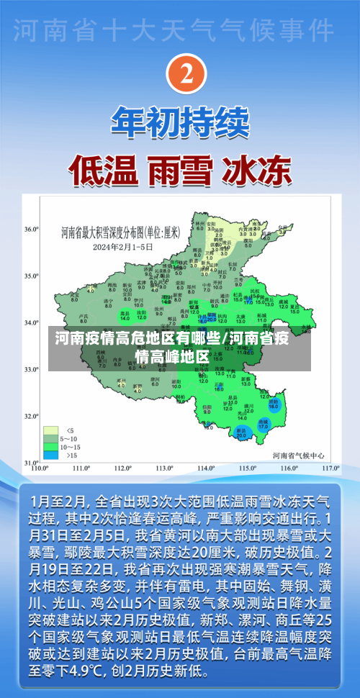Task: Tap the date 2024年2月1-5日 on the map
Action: coord(124,246)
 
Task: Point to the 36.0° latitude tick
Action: coord(31,229)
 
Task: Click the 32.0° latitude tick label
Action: coord(31,416)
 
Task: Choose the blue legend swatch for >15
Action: coord(50,454)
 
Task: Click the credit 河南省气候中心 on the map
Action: coord(298,455)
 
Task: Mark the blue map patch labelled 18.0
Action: coord(274,406)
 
